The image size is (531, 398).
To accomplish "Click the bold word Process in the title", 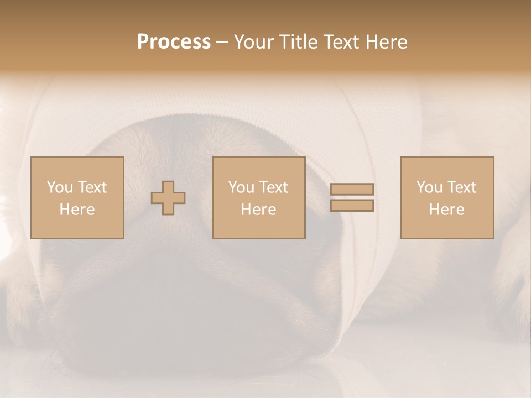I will point(174,42).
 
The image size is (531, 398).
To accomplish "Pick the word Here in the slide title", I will point(387,42).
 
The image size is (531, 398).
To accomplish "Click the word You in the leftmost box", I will point(60,187).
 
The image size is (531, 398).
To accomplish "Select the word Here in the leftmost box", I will point(77,210).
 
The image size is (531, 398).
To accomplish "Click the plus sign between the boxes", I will point(168,198).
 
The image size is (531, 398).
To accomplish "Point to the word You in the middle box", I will point(241,187).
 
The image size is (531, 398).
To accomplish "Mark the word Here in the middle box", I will point(258,210).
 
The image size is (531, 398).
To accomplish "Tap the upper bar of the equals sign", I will point(352,190).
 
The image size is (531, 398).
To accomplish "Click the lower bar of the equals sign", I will point(352,206).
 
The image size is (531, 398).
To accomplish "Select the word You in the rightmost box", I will point(429,187).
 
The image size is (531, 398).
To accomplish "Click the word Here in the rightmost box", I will point(446,210).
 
